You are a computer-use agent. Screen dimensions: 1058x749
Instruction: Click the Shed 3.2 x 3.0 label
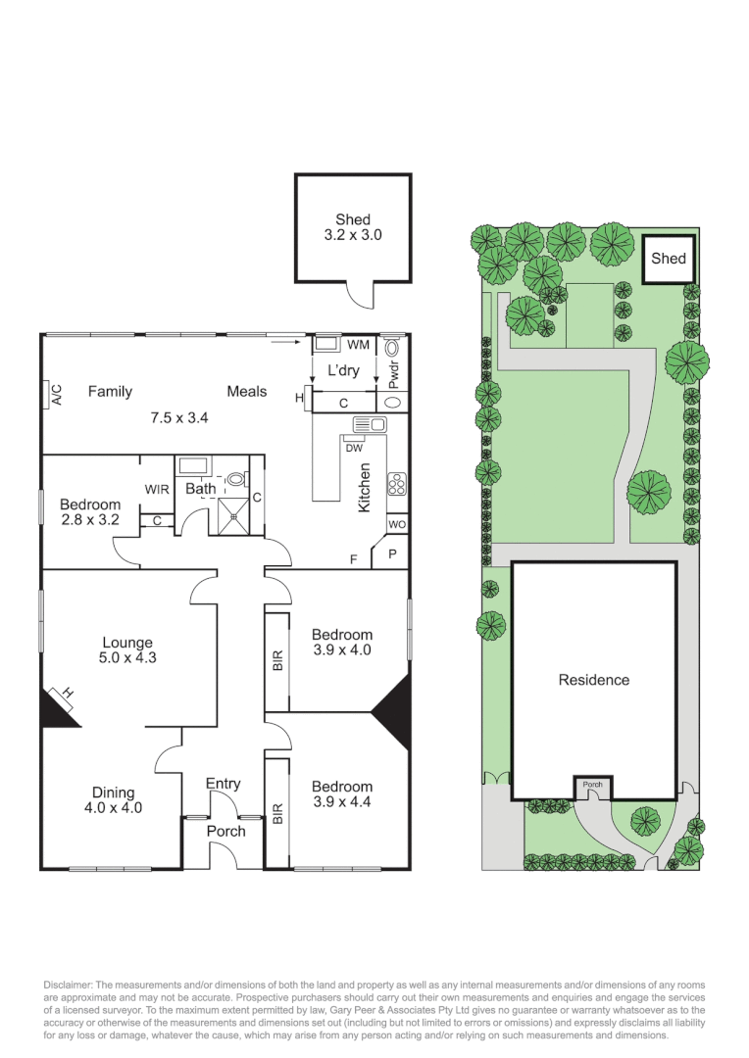click(353, 227)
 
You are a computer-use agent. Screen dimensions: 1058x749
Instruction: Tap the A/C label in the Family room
click(56, 395)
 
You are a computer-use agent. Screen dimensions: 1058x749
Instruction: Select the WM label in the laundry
click(358, 345)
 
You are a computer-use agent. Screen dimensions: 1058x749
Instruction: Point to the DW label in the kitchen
click(355, 448)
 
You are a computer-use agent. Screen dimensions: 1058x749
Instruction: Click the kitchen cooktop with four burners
click(398, 483)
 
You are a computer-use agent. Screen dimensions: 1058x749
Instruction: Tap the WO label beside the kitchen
click(397, 525)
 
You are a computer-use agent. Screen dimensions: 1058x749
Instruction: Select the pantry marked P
click(393, 553)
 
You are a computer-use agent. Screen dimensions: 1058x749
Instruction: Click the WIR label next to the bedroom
click(157, 488)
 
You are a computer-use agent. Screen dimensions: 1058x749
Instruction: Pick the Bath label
click(201, 488)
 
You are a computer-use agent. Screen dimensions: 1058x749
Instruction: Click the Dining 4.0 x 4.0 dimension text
click(114, 808)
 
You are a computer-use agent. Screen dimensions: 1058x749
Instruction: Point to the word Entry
click(223, 784)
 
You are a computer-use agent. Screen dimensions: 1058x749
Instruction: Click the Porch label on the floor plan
click(225, 831)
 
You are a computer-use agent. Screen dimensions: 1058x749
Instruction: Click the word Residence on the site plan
click(594, 680)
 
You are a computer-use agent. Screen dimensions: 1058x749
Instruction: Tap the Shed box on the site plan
click(669, 259)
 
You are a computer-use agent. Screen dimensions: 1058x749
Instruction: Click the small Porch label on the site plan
click(593, 785)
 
